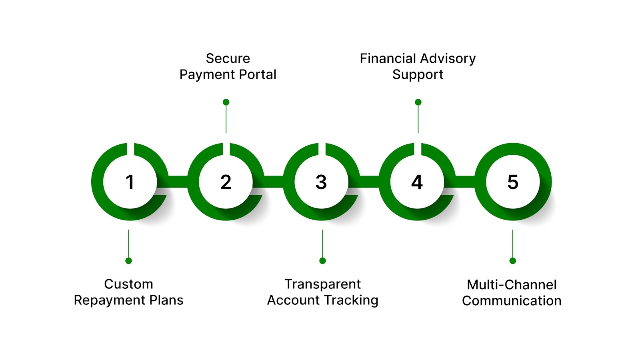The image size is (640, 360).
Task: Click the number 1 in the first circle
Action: (130, 182)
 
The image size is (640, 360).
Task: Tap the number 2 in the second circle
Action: (226, 182)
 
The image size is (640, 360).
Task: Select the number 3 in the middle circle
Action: (321, 182)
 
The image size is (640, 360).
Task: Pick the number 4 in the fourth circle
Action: (417, 182)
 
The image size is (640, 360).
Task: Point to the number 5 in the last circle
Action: (513, 182)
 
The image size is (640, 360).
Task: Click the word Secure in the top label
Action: (228, 58)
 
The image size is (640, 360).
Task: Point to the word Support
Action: (418, 75)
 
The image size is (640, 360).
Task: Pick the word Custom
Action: (128, 284)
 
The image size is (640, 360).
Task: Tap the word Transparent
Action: (322, 284)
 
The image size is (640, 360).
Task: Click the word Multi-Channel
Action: (512, 285)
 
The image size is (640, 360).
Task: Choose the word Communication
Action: (512, 301)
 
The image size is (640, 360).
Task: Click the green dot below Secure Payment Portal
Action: (226, 102)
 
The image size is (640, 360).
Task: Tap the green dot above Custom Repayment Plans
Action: (128, 261)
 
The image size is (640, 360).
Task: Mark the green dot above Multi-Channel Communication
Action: (513, 261)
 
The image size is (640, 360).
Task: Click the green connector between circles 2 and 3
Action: (274, 182)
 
